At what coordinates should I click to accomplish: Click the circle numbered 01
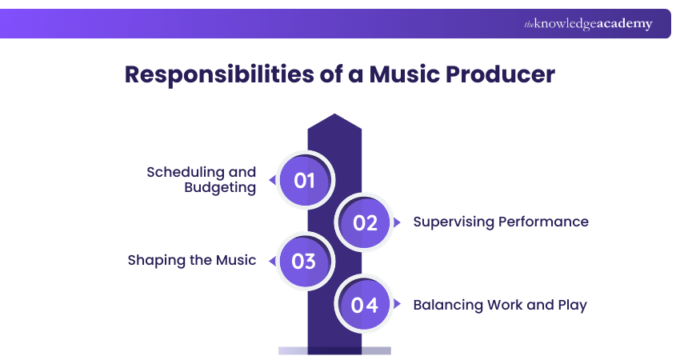[x=305, y=180]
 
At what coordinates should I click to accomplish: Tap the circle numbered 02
[x=365, y=222]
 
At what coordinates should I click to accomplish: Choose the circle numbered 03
[x=305, y=261]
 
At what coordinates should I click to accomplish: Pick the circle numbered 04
[x=365, y=305]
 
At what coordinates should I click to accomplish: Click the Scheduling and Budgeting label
[x=202, y=180]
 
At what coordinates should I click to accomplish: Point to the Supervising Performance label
[x=501, y=222]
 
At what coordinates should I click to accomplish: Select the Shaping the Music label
[x=192, y=260]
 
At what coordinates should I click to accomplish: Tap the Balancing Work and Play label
[x=500, y=305]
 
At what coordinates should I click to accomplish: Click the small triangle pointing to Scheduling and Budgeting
[x=272, y=180]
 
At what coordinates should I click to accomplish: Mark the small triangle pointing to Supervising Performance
[x=398, y=222]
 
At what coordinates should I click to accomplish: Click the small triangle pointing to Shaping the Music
[x=272, y=261]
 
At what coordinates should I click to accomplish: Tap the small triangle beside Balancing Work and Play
[x=398, y=305]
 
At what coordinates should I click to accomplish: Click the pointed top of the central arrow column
[x=334, y=120]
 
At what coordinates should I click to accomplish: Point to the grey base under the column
[x=334, y=350]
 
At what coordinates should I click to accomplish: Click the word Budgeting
[x=220, y=188]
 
